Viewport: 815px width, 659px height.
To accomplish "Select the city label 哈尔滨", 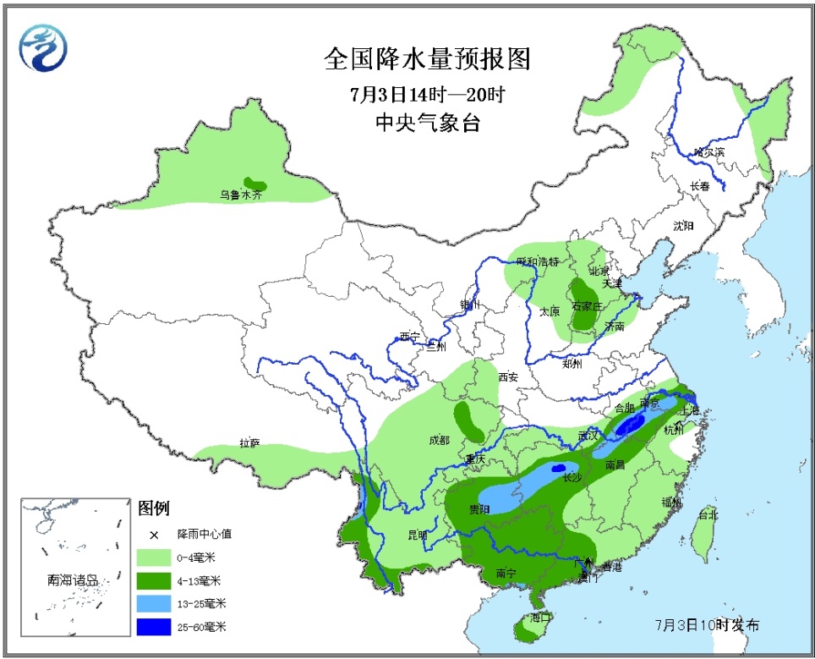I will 708,152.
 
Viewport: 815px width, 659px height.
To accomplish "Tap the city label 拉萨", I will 249,442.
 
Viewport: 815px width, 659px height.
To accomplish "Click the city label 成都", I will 440,440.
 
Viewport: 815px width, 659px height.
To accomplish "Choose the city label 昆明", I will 418,535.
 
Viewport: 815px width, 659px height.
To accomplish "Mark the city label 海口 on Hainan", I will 540,618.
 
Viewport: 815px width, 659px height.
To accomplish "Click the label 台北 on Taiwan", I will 707,514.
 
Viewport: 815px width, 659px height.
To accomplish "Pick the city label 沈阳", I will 683,226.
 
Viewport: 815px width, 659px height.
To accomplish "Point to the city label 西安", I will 508,376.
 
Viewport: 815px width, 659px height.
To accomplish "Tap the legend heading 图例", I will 154,508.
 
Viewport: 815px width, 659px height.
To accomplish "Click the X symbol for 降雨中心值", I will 154,535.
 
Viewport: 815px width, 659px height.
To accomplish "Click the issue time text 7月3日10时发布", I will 707,625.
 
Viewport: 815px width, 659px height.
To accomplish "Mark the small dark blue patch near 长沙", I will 557,468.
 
